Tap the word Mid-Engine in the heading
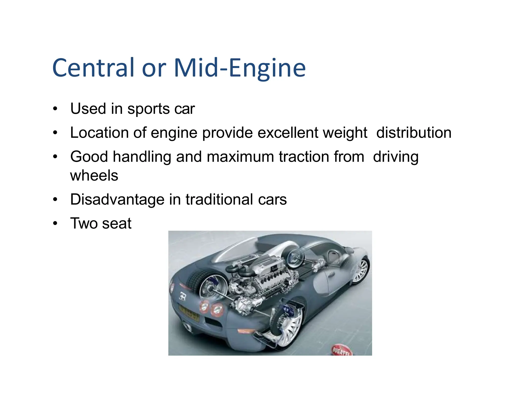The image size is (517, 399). click(240, 68)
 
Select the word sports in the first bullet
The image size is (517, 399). click(148, 109)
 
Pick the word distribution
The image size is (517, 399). click(413, 133)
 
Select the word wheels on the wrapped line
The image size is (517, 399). click(94, 176)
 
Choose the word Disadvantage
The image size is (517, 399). click(117, 199)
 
